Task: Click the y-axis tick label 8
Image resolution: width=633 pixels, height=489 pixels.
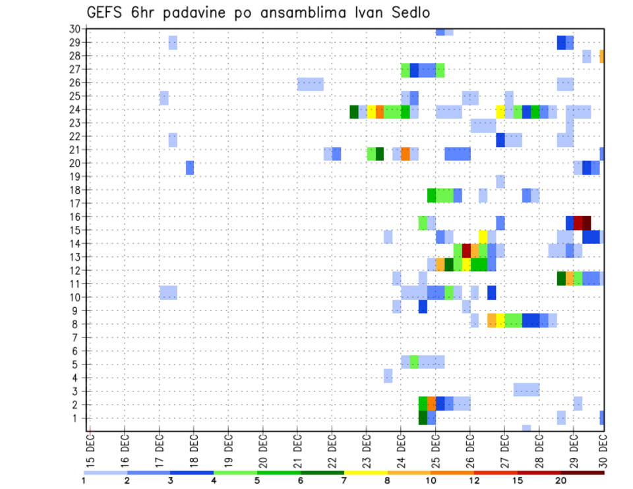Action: (77, 324)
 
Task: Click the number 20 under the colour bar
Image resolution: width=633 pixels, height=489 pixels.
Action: (560, 480)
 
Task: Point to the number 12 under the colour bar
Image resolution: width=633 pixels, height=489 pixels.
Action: (474, 480)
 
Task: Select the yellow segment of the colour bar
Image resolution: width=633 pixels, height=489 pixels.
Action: (365, 473)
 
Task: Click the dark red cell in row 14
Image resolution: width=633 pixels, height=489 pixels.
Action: (466, 250)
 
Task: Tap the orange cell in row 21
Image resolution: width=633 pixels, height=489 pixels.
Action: (406, 154)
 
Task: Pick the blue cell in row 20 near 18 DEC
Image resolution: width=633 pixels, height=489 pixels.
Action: (190, 167)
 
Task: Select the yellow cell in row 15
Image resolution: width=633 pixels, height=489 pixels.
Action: (483, 237)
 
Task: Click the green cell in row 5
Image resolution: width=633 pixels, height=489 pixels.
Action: (414, 362)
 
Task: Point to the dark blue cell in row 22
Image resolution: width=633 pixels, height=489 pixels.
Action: (500, 140)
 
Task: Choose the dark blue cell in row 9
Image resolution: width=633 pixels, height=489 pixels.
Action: (423, 306)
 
